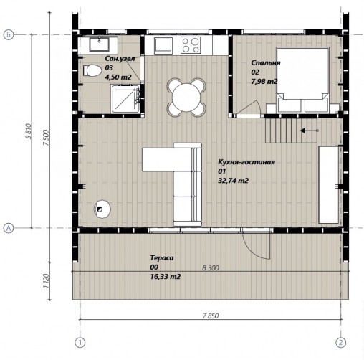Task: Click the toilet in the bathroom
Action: (92, 70)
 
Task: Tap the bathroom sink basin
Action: (99, 44)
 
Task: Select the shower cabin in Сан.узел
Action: (125, 99)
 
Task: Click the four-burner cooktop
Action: (191, 45)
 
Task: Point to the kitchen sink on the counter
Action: (163, 45)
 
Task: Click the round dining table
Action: (186, 98)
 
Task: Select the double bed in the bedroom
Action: (302, 80)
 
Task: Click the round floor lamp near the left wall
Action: (102, 209)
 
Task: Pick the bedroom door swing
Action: (249, 107)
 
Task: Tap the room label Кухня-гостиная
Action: (246, 162)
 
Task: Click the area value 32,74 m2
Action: (233, 181)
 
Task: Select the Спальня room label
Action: (266, 63)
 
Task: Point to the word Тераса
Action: (162, 258)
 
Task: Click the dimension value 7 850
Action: (211, 316)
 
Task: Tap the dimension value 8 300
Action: (211, 267)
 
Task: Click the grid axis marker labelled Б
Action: (9, 35)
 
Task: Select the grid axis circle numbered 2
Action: (340, 343)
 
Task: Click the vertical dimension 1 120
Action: (46, 281)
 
